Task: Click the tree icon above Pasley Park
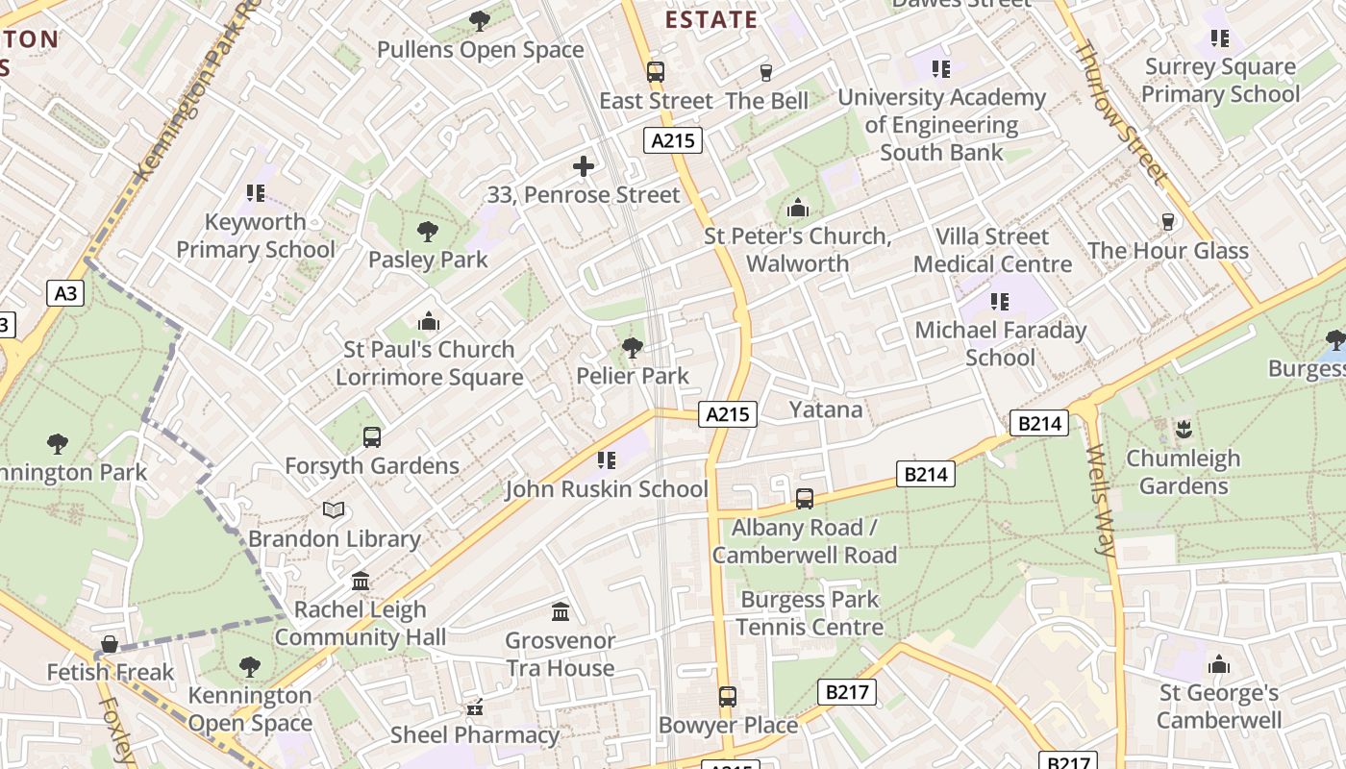click(x=428, y=231)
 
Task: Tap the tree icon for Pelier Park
click(x=633, y=348)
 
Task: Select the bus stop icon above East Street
click(x=656, y=72)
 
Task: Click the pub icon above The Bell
click(x=766, y=72)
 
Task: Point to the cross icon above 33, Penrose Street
click(x=584, y=166)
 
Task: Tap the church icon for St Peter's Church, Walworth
click(x=798, y=208)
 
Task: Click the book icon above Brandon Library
click(x=334, y=510)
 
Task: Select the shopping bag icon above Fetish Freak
click(x=111, y=644)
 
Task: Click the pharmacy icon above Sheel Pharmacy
click(x=474, y=707)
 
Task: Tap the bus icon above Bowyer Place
click(x=728, y=697)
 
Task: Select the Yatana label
click(x=826, y=409)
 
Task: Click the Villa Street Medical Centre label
click(x=992, y=250)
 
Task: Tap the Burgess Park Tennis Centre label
click(x=810, y=613)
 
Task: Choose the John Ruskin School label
click(x=607, y=489)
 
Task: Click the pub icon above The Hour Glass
click(x=1168, y=222)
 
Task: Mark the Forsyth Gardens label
click(x=372, y=466)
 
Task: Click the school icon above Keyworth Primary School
click(x=255, y=193)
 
